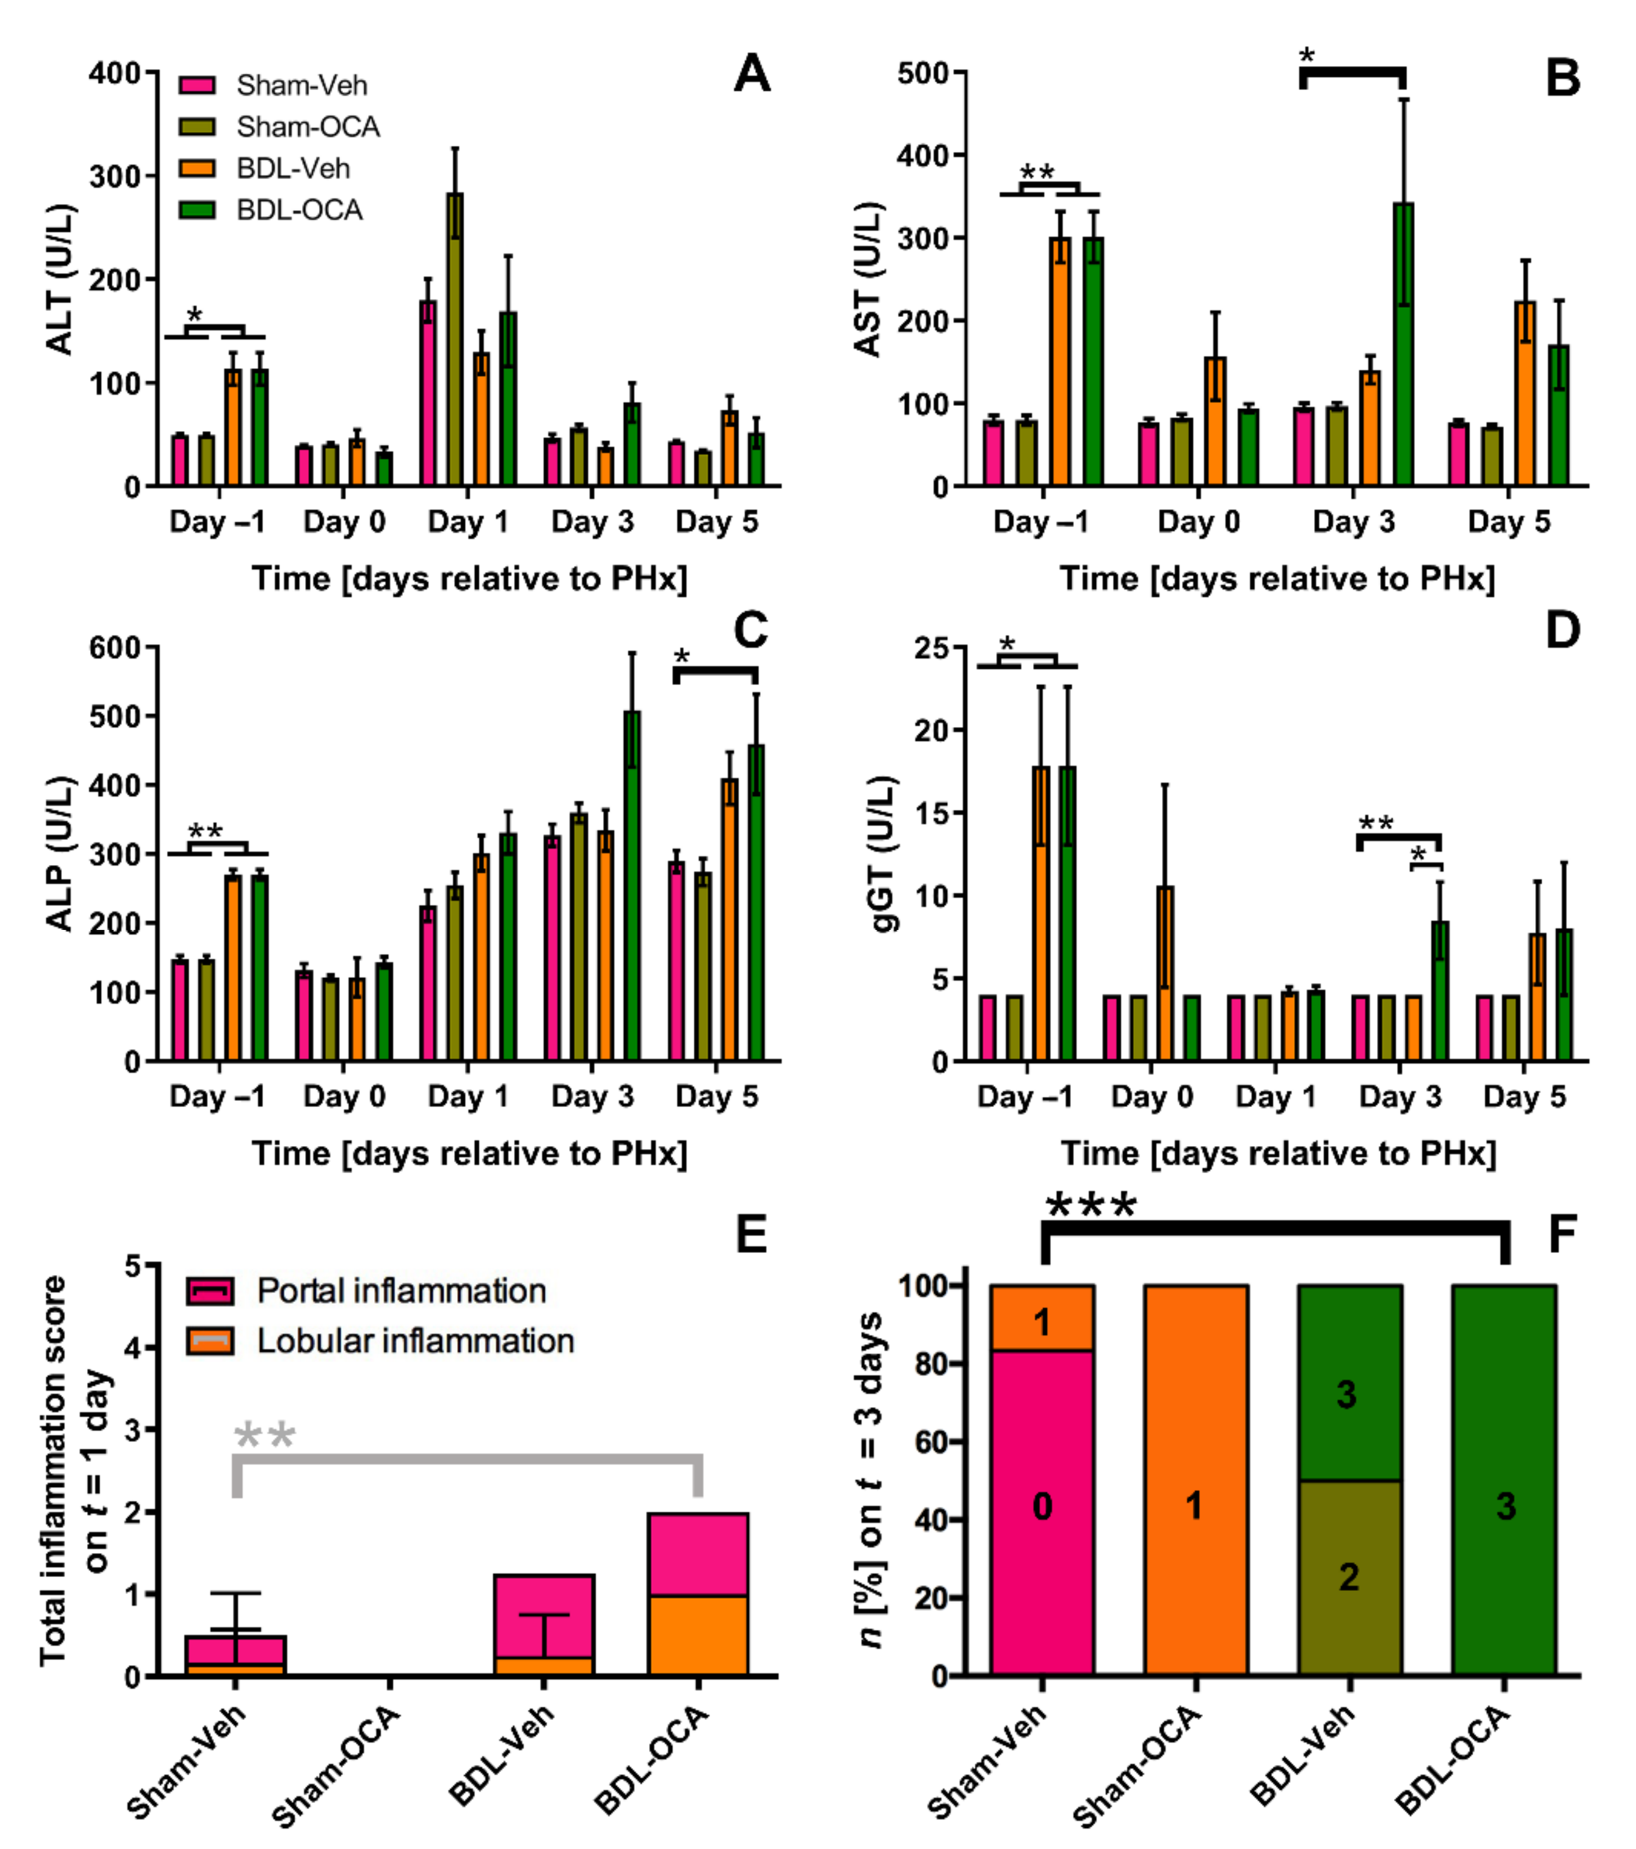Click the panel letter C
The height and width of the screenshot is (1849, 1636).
coord(750,630)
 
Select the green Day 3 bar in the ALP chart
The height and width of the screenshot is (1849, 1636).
coord(632,887)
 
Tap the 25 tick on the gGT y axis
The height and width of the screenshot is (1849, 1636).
coord(932,648)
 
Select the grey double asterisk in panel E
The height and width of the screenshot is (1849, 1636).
coord(264,1437)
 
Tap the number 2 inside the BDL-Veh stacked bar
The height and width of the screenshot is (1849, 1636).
coord(1348,1576)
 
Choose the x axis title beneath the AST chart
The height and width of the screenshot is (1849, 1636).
coord(1277,579)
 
